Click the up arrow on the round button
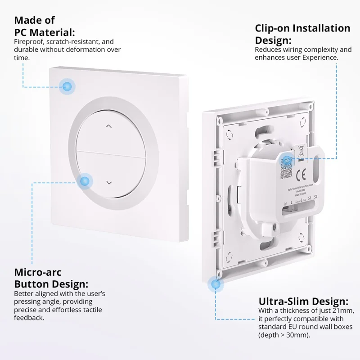tap(108, 126)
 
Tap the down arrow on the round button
tap(108, 182)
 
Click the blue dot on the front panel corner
tap(68, 86)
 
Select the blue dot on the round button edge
tap(84, 181)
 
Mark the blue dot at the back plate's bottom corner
tap(216, 284)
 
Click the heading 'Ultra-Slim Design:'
tap(303, 301)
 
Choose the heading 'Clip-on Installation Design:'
tap(302, 34)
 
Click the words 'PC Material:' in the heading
tap(45, 32)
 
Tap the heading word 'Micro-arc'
tap(38, 272)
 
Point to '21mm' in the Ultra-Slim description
tap(342, 311)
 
